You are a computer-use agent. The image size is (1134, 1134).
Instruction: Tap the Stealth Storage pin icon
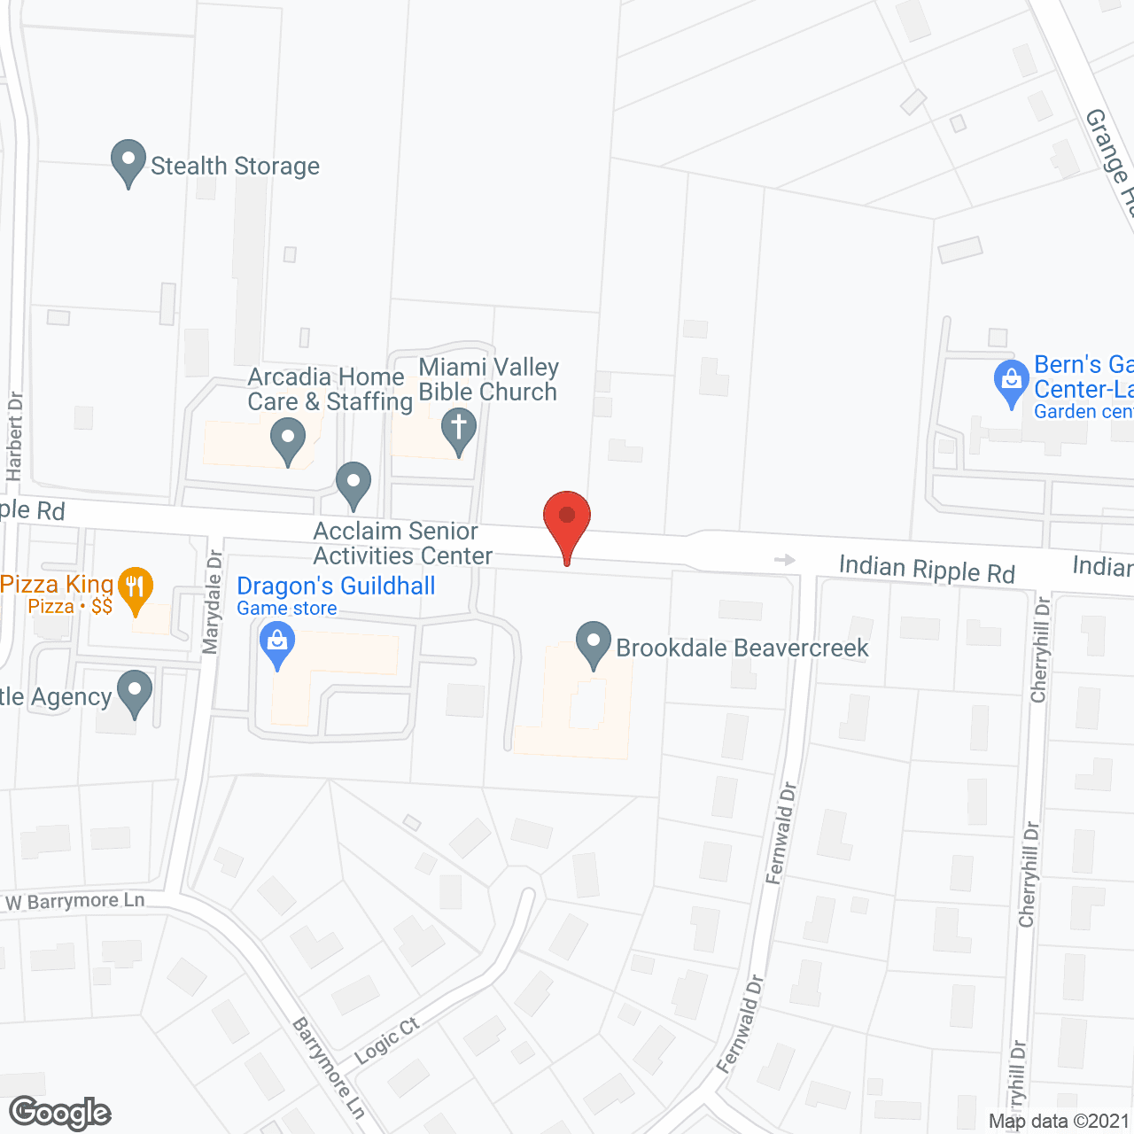tap(128, 162)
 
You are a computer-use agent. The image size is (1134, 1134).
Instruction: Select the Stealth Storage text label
tap(235, 166)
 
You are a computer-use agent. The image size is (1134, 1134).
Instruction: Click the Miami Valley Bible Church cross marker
tap(459, 430)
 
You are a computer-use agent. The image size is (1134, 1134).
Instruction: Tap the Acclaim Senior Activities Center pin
tap(353, 485)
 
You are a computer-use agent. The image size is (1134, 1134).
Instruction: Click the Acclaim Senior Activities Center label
tap(402, 543)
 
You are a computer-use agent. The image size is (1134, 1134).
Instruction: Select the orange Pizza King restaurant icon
tap(135, 589)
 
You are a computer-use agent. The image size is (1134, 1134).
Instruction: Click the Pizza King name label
tap(57, 585)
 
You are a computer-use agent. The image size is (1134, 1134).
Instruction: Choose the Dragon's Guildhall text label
tap(336, 586)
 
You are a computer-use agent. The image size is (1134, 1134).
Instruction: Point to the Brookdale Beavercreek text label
tap(742, 648)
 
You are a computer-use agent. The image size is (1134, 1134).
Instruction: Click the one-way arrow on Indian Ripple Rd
tap(784, 559)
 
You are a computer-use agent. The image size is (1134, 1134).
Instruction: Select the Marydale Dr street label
tap(213, 602)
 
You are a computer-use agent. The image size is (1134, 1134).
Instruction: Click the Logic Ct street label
tap(386, 1041)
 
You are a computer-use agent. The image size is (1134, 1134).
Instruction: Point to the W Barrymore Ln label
tap(74, 902)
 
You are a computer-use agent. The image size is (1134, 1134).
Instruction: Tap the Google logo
tap(60, 1113)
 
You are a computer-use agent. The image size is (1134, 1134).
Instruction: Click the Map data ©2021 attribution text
tap(1059, 1121)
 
